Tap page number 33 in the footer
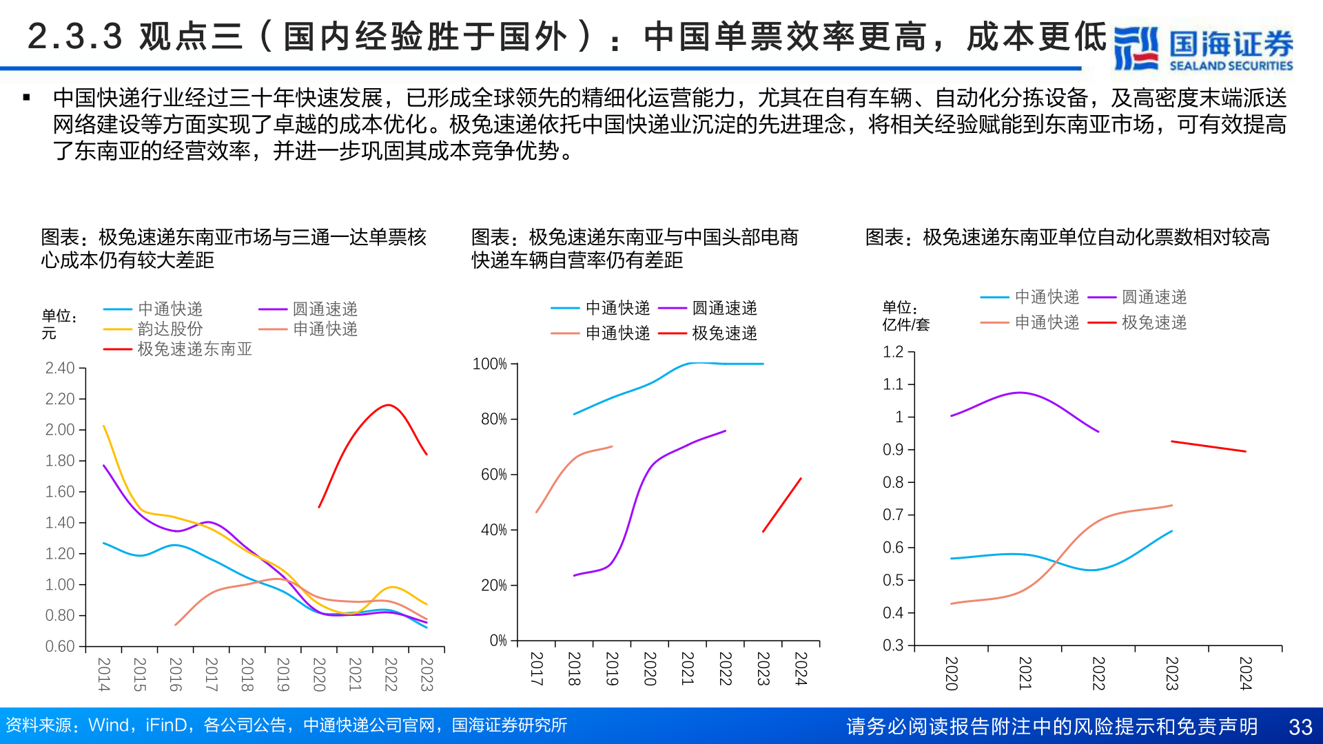(1300, 727)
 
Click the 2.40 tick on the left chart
(60, 369)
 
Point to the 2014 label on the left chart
(103, 674)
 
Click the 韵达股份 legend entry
(170, 329)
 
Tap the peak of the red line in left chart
(389, 405)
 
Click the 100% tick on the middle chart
(489, 364)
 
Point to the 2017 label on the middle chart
(536, 668)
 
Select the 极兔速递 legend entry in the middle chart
(724, 333)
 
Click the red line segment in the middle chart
(782, 505)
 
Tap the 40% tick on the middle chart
(493, 530)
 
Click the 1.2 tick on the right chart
(893, 352)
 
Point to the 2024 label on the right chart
(1245, 673)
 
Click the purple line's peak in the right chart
(1021, 393)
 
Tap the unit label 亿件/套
(905, 324)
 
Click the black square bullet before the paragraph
(26, 98)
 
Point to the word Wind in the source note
(109, 725)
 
